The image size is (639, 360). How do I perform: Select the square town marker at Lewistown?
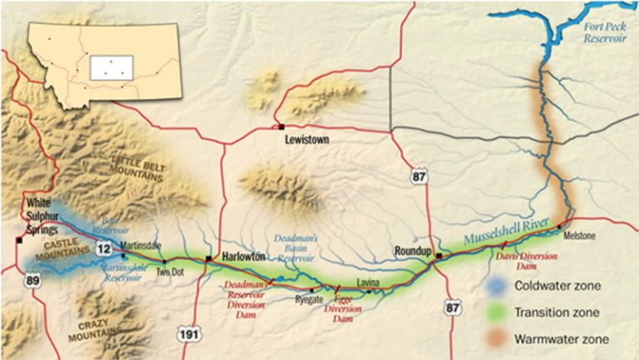click(x=281, y=126)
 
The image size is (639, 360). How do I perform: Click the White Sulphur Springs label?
click(x=43, y=215)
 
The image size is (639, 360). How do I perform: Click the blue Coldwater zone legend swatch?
click(x=498, y=286)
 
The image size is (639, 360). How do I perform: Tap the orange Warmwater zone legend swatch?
click(x=498, y=338)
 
